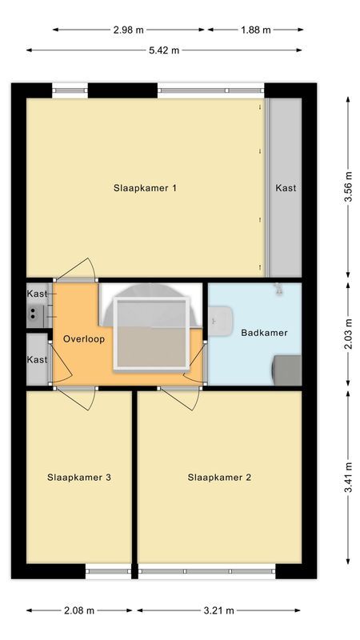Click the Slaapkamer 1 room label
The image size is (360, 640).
tap(145, 189)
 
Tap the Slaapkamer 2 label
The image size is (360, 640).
tap(220, 478)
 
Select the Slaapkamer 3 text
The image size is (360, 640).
tap(79, 478)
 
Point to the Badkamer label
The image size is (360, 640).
tap(264, 333)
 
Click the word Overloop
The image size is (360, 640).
tap(84, 338)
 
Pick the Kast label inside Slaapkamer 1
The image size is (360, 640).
tap(286, 189)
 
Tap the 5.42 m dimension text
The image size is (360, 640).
tap(164, 50)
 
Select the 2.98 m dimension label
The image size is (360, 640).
tap(128, 30)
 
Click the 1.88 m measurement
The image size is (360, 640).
tap(256, 30)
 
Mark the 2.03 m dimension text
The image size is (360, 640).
tap(348, 334)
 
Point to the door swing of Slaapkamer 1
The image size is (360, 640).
tap(80, 270)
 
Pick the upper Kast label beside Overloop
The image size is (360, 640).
tap(37, 294)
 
